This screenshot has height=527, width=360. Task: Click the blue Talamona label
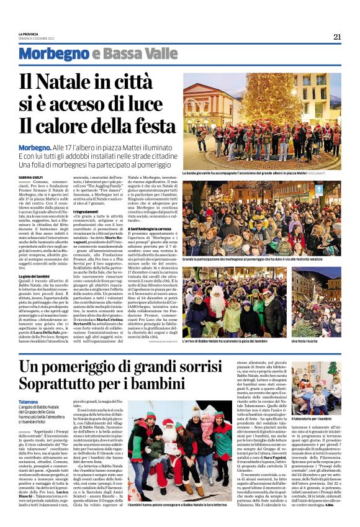pyautogui.click(x=29, y=402)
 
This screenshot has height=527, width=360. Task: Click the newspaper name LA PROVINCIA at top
pyautogui.click(x=29, y=34)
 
